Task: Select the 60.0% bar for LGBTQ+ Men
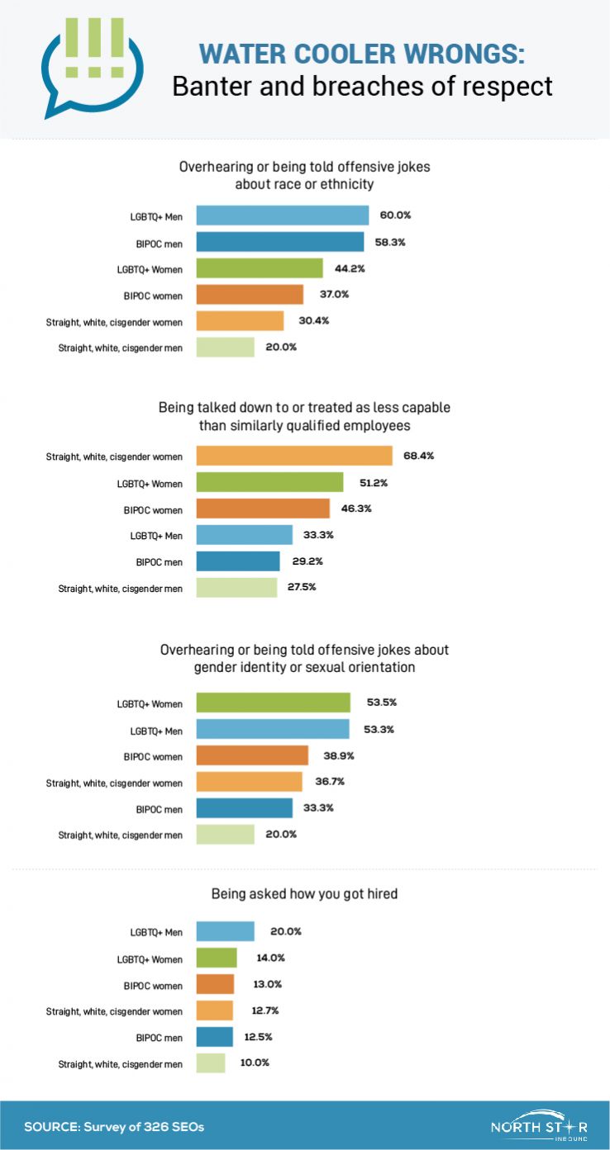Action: [283, 215]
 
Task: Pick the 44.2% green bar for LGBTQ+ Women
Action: [260, 267]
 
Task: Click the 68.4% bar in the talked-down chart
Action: [294, 456]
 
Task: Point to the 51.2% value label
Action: [369, 482]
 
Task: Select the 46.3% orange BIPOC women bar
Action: [263, 509]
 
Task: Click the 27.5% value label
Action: [303, 587]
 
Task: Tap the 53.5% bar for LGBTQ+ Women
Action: [274, 703]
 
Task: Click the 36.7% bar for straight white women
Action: [250, 782]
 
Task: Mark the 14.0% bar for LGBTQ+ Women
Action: [217, 958]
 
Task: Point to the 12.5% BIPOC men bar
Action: [215, 1037]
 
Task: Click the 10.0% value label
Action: [255, 1063]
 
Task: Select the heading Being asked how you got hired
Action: [304, 893]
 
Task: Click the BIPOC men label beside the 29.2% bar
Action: [160, 561]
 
